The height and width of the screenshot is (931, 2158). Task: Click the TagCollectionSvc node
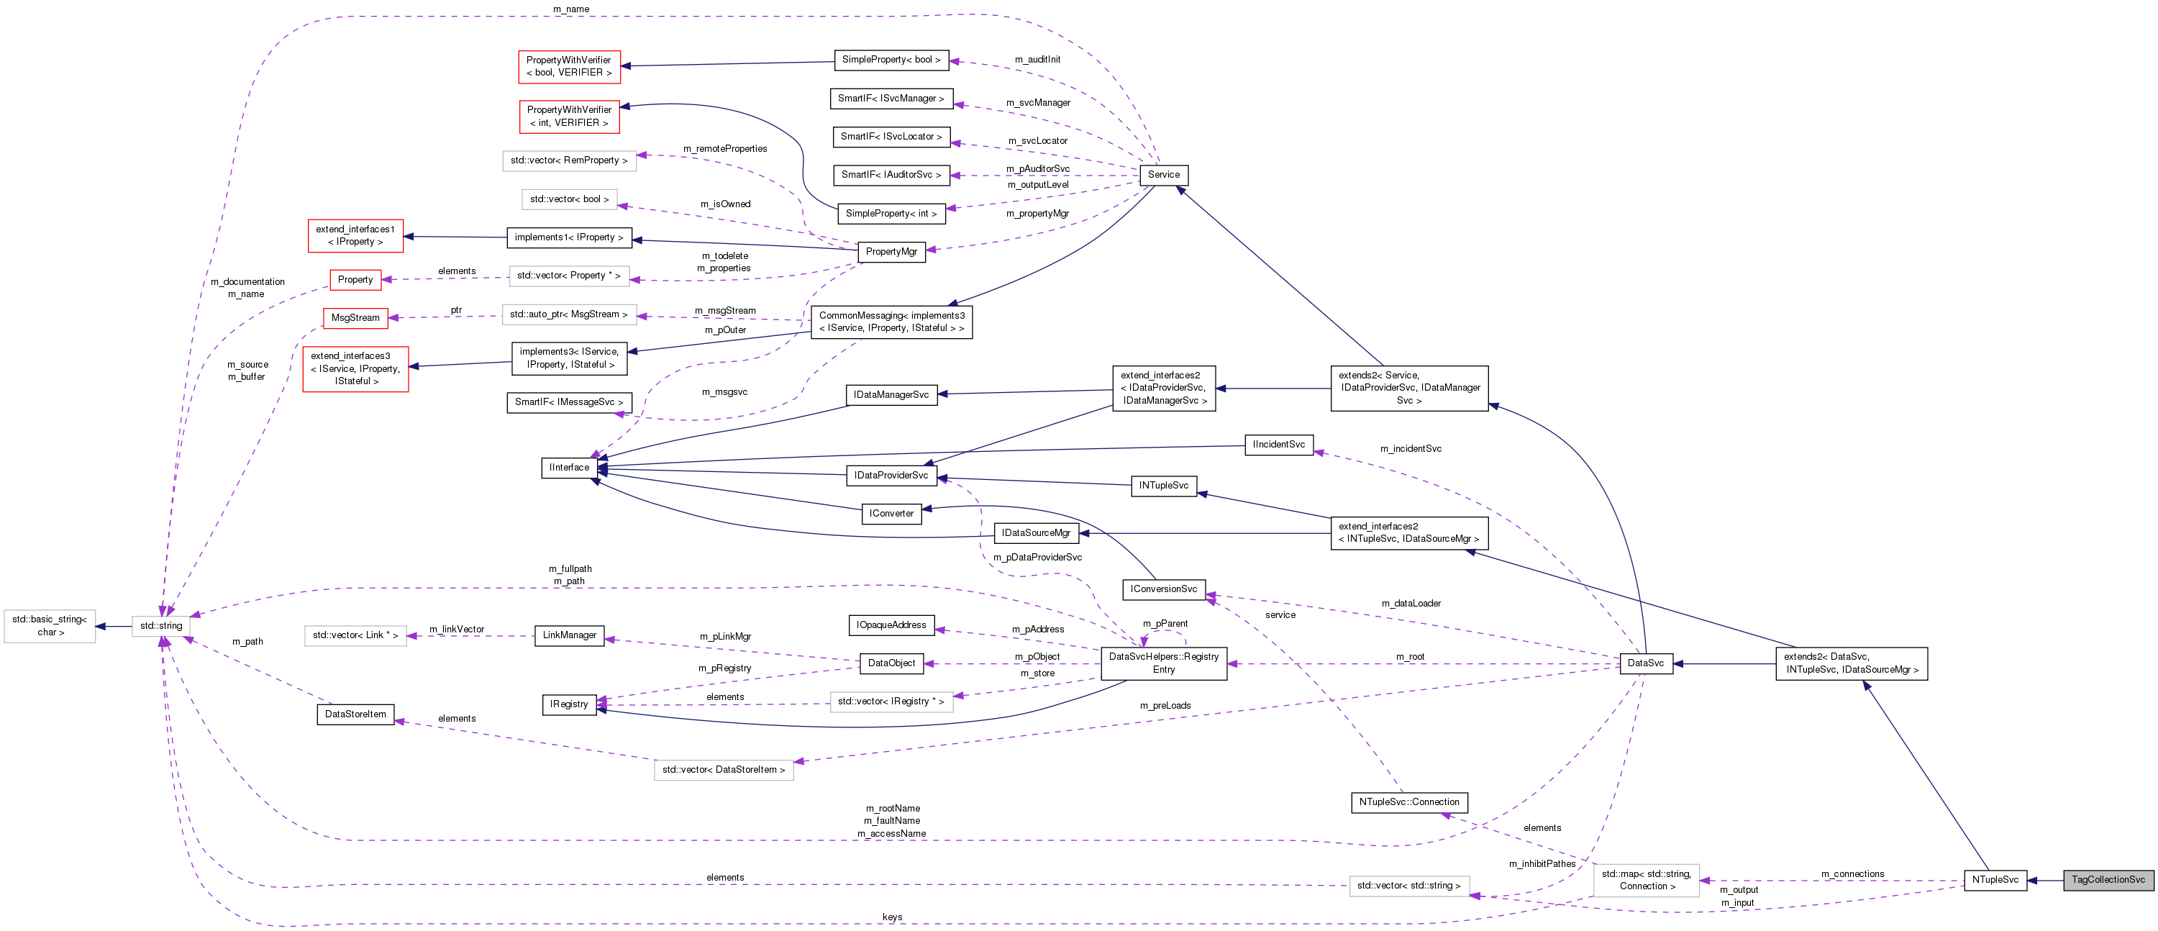[2107, 880]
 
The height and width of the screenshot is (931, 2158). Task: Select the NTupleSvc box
[1995, 880]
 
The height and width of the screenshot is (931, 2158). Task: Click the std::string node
[161, 626]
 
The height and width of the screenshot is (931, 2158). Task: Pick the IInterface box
[570, 468]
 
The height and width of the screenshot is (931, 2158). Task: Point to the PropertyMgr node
[891, 251]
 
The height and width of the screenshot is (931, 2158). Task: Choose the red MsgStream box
[355, 317]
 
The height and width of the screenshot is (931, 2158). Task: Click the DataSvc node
[1645, 663]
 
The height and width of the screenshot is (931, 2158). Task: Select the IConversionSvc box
[1164, 589]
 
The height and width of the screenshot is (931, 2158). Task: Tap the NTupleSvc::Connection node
[1409, 802]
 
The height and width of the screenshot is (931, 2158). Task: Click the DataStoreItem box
[355, 714]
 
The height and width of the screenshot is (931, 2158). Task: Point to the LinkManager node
[570, 635]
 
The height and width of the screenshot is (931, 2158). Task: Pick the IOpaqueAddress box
[891, 625]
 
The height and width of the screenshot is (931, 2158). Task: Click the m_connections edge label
[1852, 874]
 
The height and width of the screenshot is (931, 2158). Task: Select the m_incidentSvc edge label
[1411, 448]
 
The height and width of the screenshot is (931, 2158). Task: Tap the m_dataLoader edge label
[1411, 604]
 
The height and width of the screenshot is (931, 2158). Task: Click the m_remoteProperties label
[724, 148]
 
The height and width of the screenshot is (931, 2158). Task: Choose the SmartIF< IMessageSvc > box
[569, 402]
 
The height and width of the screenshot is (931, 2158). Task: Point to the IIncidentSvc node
[1278, 444]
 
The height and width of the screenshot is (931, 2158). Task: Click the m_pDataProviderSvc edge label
[1037, 558]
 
